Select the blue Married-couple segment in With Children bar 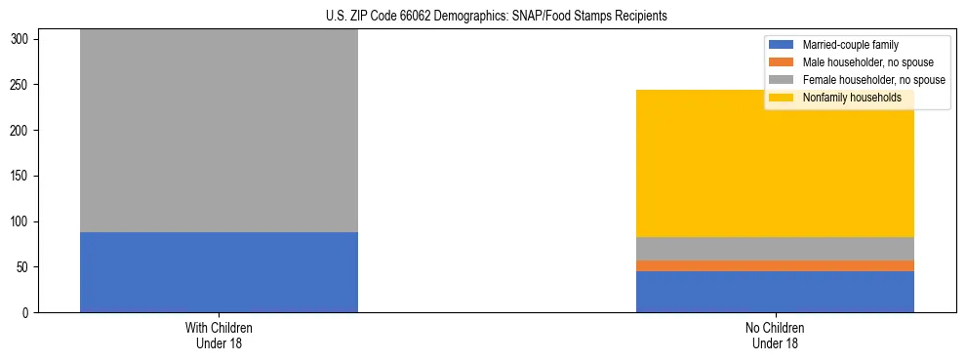click(219, 272)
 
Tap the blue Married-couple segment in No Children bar click(775, 292)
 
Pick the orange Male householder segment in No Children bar click(775, 265)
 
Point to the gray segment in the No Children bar click(775, 249)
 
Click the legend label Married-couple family click(850, 45)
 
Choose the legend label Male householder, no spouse click(867, 62)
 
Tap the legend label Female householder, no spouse click(873, 80)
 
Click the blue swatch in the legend click(781, 45)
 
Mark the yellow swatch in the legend click(781, 98)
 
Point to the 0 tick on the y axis click(27, 313)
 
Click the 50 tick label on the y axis click(24, 267)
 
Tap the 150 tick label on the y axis click(21, 177)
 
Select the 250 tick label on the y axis click(21, 85)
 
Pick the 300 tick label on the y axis click(21, 39)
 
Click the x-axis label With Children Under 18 click(219, 336)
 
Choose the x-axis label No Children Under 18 click(775, 336)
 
